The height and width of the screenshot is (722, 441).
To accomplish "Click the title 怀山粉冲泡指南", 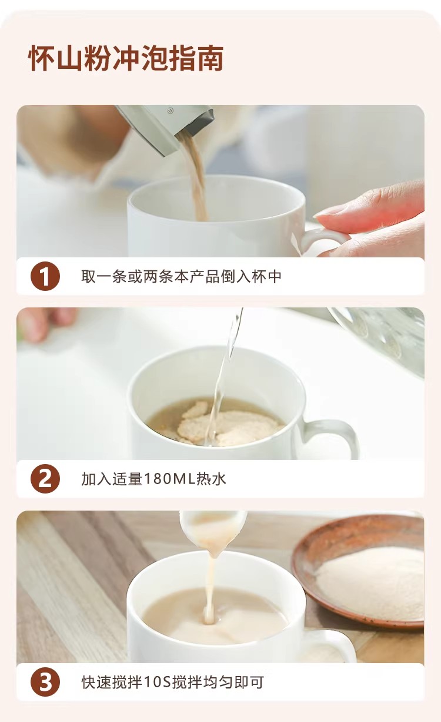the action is tap(126, 59).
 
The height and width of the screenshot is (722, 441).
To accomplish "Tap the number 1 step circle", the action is tap(45, 276).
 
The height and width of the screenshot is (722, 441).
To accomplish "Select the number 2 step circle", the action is tap(45, 479).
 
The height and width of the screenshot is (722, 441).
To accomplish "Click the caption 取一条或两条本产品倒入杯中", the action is tap(181, 276).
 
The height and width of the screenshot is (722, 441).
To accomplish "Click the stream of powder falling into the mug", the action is tap(193, 177).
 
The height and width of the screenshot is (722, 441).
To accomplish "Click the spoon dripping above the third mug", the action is tap(212, 532).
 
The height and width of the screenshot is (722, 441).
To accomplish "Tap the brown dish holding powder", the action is tap(358, 574).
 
